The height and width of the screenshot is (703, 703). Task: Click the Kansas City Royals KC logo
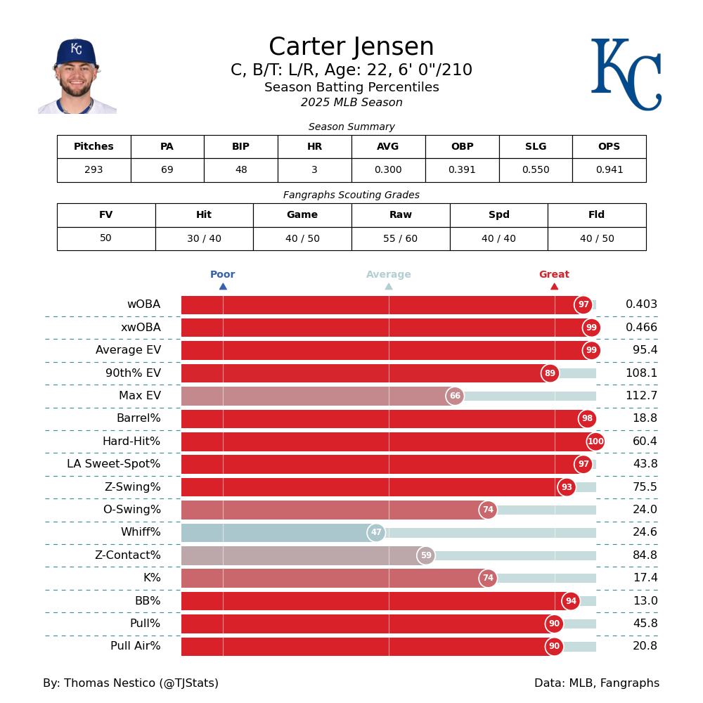626,74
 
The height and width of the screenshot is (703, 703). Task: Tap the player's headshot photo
77,76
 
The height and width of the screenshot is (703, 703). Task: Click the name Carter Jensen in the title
351,47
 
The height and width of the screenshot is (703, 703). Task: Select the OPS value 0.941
609,170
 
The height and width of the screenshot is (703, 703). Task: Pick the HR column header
314,147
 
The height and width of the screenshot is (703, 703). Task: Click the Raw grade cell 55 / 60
400,238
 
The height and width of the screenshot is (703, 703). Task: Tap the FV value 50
105,238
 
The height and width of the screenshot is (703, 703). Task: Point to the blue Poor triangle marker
223,286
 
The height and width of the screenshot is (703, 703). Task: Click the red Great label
554,275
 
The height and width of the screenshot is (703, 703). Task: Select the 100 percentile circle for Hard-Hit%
595,441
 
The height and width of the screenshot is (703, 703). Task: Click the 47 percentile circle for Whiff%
376,533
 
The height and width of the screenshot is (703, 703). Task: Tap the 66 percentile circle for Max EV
455,396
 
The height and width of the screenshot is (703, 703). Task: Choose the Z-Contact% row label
127,555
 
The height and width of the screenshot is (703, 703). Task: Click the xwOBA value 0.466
641,328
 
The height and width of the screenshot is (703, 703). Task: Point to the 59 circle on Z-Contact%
426,555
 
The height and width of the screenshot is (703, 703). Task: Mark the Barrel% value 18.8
645,418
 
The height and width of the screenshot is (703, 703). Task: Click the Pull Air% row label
135,646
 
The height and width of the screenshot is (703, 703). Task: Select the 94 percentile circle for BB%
571,601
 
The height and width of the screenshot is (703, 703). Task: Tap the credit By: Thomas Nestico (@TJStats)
131,683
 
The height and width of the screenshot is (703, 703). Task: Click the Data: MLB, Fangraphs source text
597,683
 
